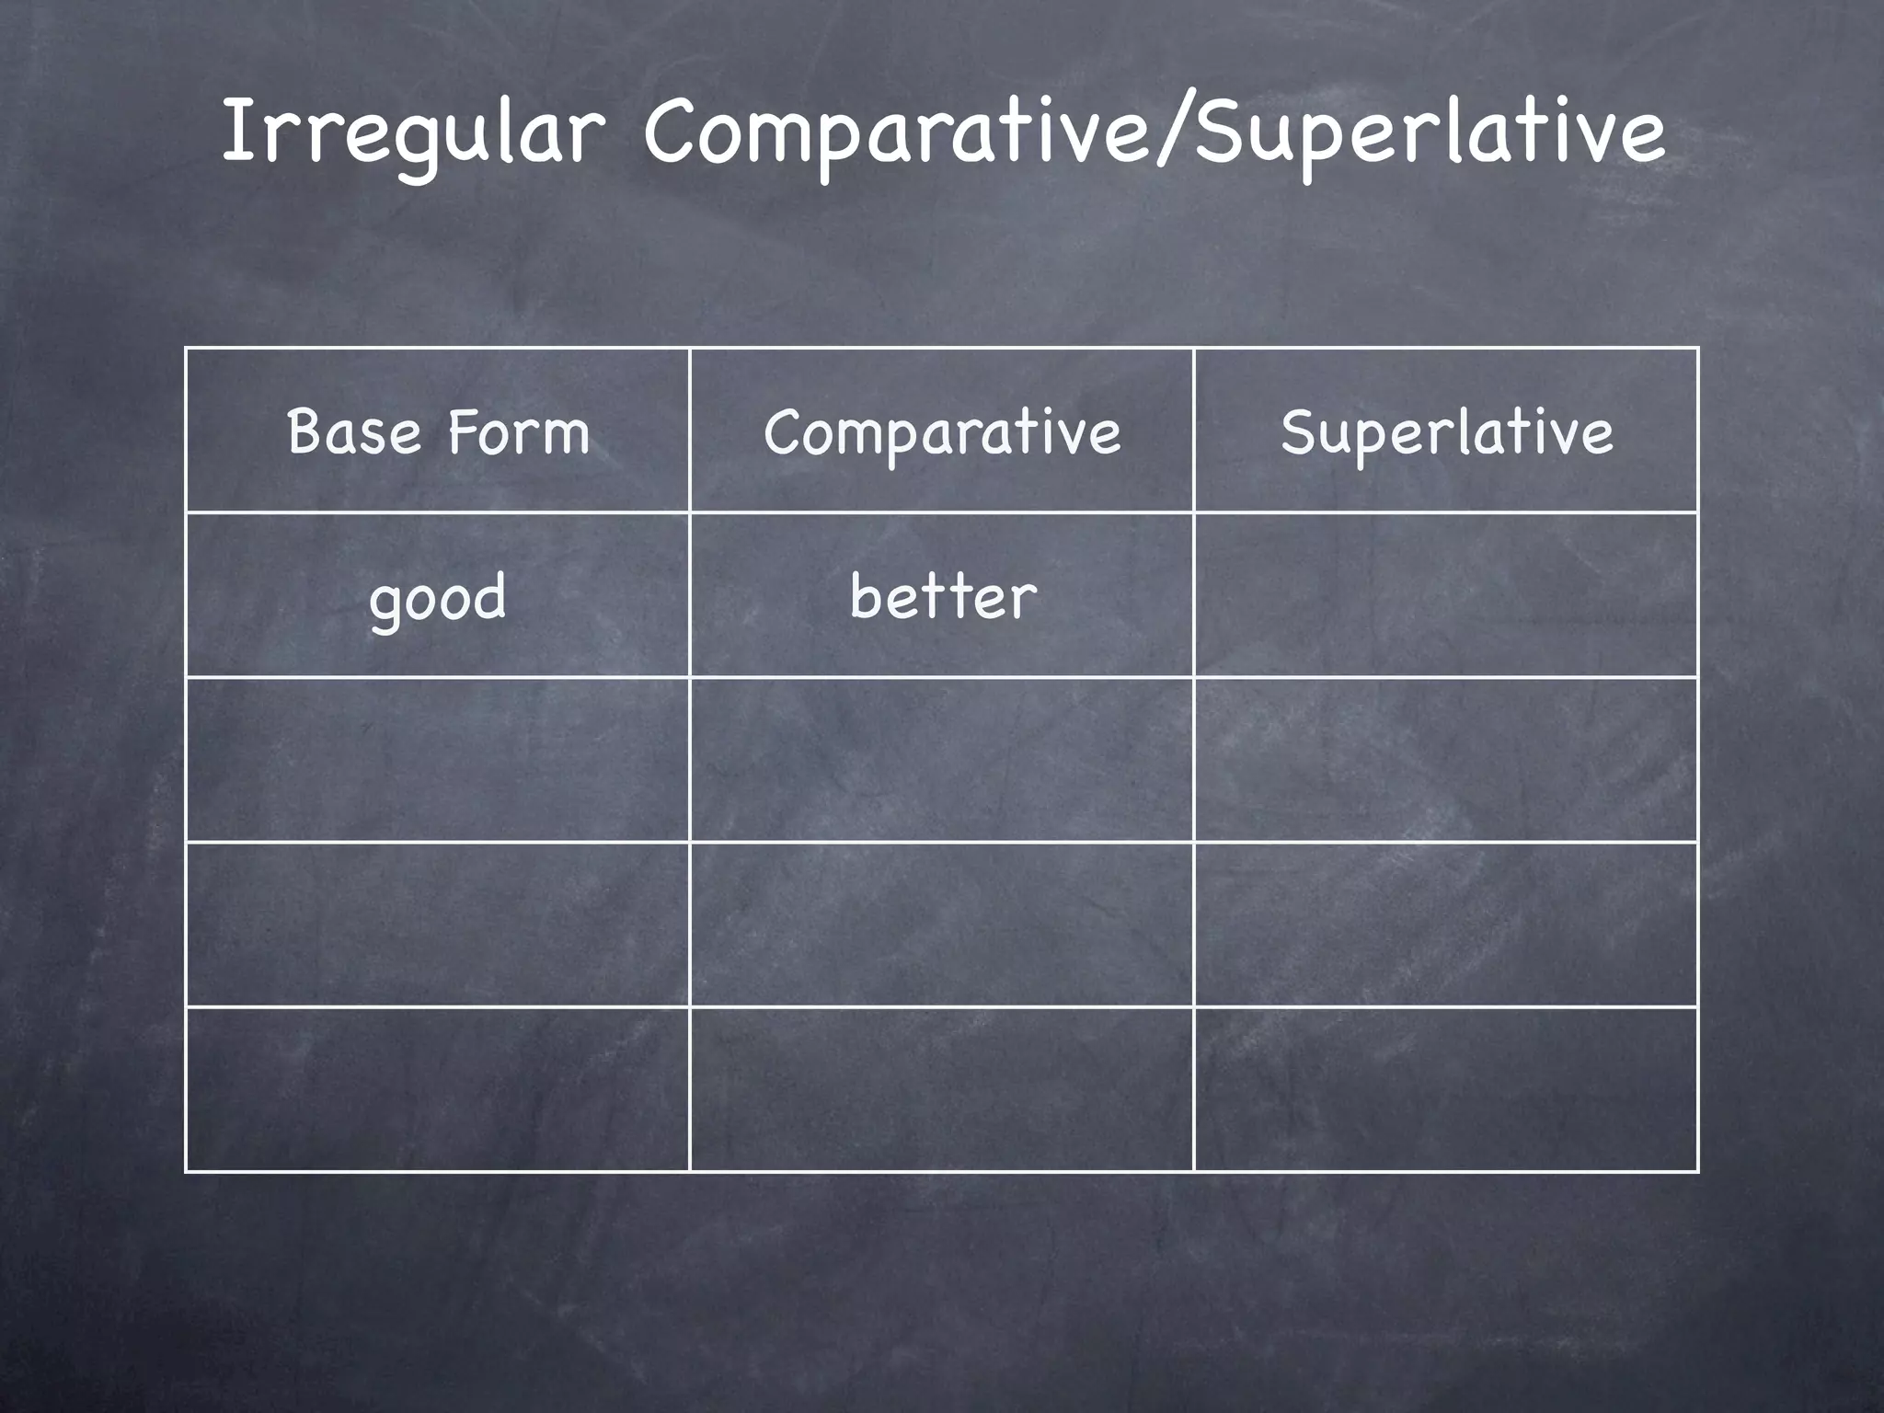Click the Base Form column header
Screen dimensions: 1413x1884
438,431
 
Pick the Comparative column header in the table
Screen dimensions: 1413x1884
942,431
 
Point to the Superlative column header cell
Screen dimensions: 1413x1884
1446,431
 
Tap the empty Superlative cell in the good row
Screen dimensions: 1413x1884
1446,595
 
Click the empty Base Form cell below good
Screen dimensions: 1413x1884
438,760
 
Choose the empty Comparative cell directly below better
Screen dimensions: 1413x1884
942,760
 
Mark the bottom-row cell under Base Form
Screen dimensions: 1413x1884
438,1089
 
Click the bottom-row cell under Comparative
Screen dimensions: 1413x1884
942,1089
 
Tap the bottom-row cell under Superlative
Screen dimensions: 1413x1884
1446,1089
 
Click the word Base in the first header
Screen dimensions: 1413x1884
354,431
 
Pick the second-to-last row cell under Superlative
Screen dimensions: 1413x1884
1446,925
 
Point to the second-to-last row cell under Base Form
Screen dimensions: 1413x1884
438,925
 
